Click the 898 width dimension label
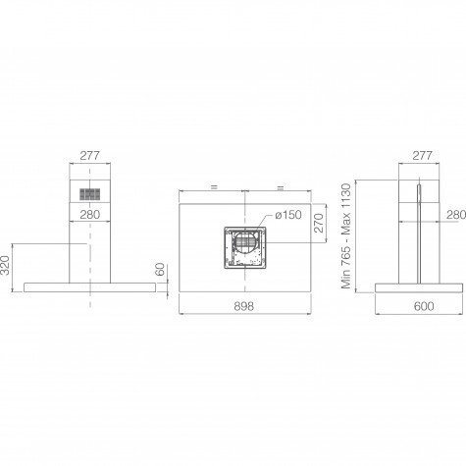[244, 306]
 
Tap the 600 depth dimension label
[424, 306]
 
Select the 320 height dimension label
[5, 265]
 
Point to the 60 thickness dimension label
[161, 269]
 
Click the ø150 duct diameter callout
[288, 215]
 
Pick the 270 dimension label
[319, 223]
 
